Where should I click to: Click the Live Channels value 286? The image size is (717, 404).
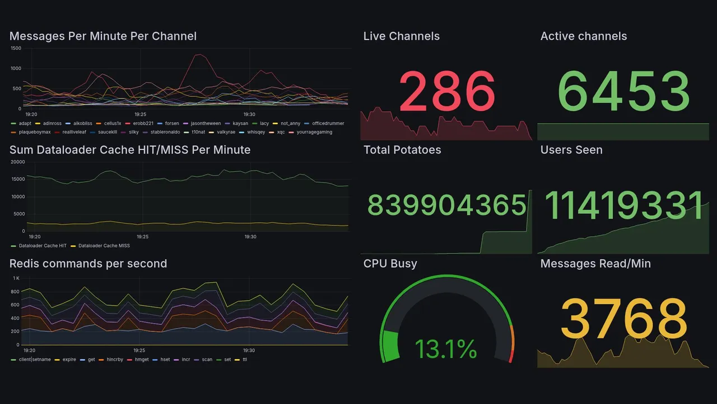(x=446, y=91)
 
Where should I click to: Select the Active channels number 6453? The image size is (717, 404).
(x=623, y=91)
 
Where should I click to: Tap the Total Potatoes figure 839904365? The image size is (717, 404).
(x=446, y=205)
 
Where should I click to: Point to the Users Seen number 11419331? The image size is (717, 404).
(x=623, y=205)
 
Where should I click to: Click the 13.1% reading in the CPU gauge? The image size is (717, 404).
(x=446, y=349)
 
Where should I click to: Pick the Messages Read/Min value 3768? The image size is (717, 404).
(x=623, y=319)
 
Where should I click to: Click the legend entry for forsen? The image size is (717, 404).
(x=171, y=123)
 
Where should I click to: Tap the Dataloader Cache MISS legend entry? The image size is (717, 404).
(x=104, y=246)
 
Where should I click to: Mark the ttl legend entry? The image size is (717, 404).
(x=244, y=359)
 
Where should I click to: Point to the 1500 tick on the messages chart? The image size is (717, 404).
(x=16, y=48)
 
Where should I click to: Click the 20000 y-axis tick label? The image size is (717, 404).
(x=17, y=162)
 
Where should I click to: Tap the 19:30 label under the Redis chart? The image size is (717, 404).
(x=249, y=350)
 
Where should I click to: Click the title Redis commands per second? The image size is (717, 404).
(x=88, y=264)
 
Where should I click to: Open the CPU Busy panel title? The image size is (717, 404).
(x=390, y=264)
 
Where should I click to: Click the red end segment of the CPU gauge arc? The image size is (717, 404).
(x=510, y=357)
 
